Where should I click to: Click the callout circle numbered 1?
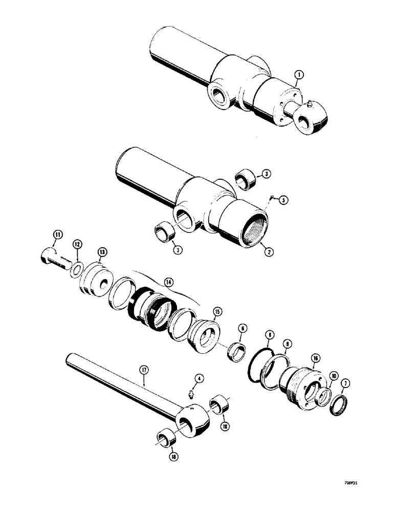pyautogui.click(x=299, y=75)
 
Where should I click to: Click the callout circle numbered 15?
pyautogui.click(x=217, y=311)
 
